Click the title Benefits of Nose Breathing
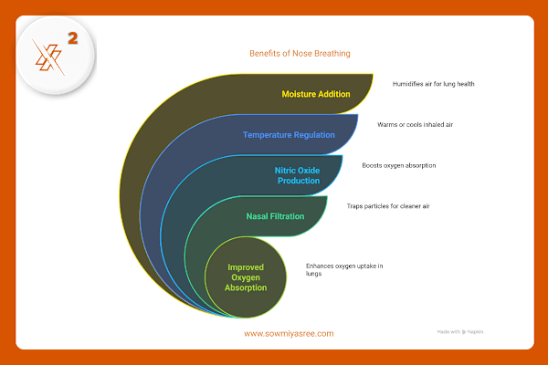[x=300, y=53]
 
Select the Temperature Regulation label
[x=289, y=135]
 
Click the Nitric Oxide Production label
[x=298, y=175]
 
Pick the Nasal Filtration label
[x=275, y=216]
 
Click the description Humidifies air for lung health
[x=433, y=84]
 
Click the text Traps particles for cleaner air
[x=387, y=206]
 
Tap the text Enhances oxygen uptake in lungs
[x=344, y=270]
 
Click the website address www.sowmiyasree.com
[x=289, y=333]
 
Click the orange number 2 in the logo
[x=74, y=40]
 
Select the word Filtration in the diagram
[x=288, y=216]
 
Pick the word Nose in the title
[x=304, y=53]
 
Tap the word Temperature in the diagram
[x=268, y=135]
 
